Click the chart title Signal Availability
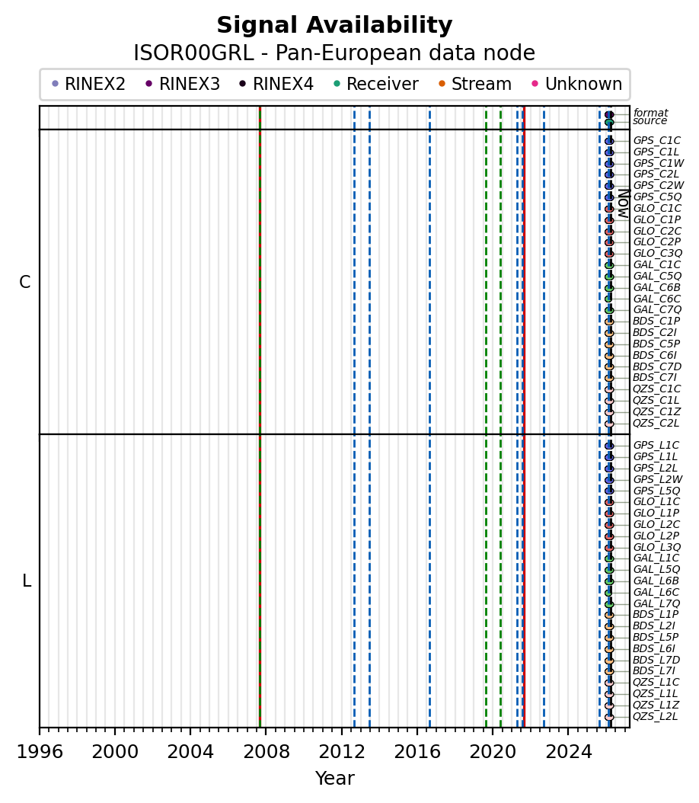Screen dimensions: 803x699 [x=334, y=26]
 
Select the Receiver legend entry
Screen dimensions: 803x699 [x=382, y=84]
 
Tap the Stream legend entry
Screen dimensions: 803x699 [x=481, y=84]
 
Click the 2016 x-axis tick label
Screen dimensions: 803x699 [x=417, y=752]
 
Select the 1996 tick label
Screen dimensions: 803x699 [x=40, y=752]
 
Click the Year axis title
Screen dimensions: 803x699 [x=334, y=779]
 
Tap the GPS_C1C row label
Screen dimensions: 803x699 [x=656, y=140]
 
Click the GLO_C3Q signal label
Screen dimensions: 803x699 [x=657, y=253]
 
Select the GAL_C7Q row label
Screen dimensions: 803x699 [x=657, y=309]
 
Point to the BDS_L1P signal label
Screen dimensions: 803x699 [x=656, y=614]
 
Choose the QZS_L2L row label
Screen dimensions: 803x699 [x=655, y=716]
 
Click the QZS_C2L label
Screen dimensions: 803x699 [x=656, y=423]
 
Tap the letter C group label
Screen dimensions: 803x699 [x=25, y=283]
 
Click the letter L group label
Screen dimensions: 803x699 [x=27, y=581]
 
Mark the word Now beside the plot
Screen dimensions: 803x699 [x=623, y=203]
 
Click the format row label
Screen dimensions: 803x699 [x=650, y=113]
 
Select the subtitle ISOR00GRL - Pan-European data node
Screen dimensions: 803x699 [x=334, y=53]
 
